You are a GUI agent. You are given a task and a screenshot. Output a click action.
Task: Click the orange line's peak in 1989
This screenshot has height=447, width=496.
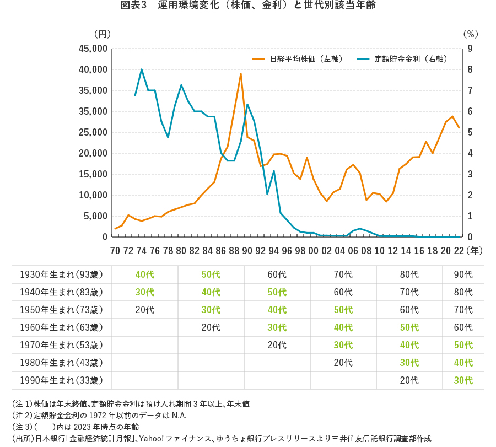click(241, 74)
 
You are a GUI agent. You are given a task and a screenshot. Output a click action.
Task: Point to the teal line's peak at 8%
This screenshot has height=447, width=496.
click(142, 69)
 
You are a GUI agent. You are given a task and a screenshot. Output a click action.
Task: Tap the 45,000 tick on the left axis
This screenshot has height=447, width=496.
click(93, 49)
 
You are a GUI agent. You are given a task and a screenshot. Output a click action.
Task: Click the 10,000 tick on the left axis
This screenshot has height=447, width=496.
click(93, 195)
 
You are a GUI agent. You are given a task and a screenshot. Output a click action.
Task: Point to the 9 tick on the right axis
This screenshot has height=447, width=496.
click(470, 49)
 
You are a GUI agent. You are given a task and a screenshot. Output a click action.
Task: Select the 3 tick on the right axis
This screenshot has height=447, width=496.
click(470, 174)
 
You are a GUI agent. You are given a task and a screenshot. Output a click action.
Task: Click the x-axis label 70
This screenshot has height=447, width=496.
click(115, 251)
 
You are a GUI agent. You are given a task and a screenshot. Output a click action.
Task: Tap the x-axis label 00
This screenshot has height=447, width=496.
click(314, 251)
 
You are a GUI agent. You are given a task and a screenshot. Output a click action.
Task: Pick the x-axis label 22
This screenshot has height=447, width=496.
click(459, 251)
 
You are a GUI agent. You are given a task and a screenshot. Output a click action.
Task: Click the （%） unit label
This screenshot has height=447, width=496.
click(470, 34)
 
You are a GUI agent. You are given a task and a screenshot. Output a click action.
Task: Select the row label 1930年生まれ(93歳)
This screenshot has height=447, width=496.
click(61, 274)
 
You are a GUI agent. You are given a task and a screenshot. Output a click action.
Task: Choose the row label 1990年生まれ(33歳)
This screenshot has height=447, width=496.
click(61, 380)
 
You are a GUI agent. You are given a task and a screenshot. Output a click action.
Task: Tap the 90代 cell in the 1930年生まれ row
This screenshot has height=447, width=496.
click(463, 274)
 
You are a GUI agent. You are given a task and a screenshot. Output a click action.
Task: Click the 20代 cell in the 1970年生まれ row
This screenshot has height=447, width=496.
click(277, 345)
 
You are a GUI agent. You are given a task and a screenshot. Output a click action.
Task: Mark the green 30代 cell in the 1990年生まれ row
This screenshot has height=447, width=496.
click(463, 380)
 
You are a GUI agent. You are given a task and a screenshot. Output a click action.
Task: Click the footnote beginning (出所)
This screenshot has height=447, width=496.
click(221, 439)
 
